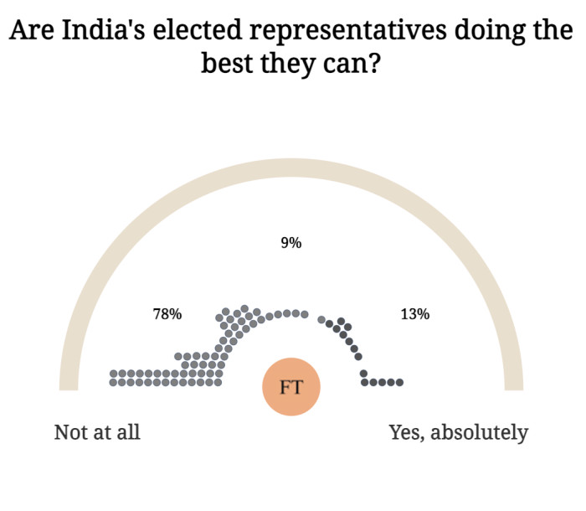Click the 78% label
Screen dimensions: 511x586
[167, 314]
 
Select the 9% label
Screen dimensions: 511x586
[291, 243]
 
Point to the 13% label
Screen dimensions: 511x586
[415, 314]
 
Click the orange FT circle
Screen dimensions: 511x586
[291, 387]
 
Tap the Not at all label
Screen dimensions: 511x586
[97, 432]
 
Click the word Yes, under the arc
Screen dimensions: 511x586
[409, 432]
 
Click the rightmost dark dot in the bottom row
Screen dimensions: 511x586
[400, 383]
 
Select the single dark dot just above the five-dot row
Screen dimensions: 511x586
[363, 373]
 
